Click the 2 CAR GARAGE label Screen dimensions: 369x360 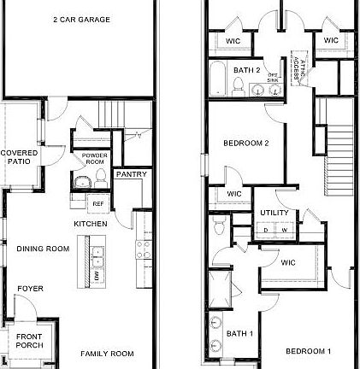point(80,19)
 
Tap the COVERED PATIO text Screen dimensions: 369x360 point(18,156)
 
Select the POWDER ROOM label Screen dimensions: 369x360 point(94,158)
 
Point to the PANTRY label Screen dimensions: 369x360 point(131,174)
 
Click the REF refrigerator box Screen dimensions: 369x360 point(98,204)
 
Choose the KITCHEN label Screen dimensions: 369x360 point(91,224)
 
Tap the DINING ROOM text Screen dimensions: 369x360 point(43,249)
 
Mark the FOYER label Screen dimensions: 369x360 point(31,289)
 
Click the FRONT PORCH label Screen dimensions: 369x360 point(29,340)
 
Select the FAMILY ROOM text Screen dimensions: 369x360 point(108,353)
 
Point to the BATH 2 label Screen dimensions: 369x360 point(247,69)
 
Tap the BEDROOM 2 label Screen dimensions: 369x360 point(246,143)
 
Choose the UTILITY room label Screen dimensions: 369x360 point(274,213)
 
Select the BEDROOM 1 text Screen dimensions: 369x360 point(308,351)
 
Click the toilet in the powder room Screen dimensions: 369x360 point(99,177)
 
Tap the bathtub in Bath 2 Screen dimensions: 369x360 point(217,79)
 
